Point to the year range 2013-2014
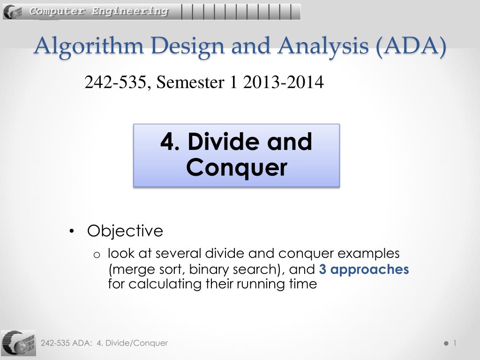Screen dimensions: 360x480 pyautogui.click(x=283, y=82)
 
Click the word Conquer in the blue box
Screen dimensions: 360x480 pyautogui.click(x=236, y=168)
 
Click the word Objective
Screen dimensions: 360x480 pyautogui.click(x=125, y=231)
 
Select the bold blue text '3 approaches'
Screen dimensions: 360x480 pyautogui.click(x=364, y=270)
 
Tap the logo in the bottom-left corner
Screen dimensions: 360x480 pyautogui.click(x=18, y=343)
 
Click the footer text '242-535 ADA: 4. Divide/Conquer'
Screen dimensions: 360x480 pyautogui.click(x=104, y=343)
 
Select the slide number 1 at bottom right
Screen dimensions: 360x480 pyautogui.click(x=454, y=343)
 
